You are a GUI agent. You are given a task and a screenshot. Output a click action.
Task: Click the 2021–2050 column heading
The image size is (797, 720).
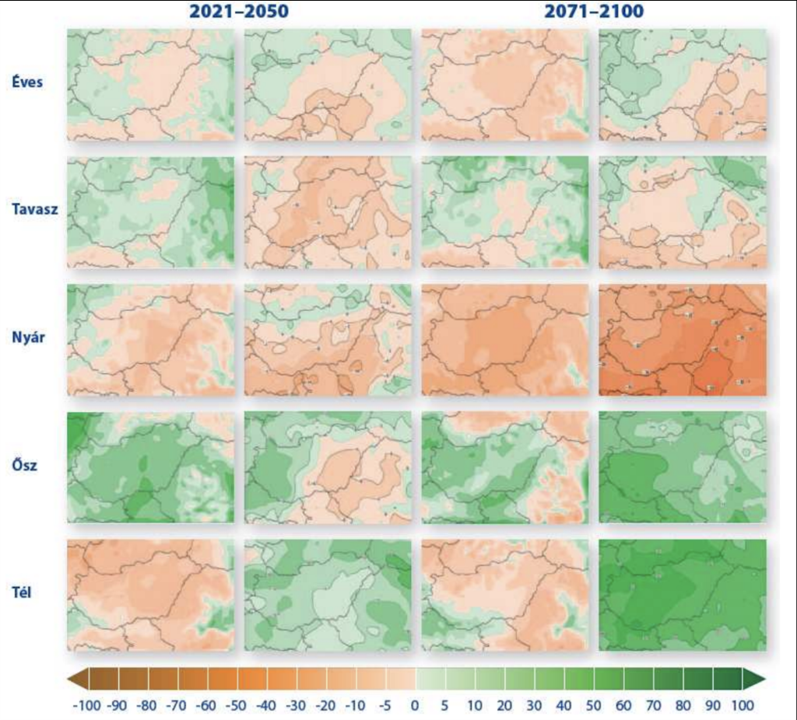coord(239,12)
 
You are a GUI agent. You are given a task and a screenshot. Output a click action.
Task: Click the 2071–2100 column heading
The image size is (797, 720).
coord(594,12)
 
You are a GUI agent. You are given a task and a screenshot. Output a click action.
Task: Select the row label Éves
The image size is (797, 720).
coord(27,82)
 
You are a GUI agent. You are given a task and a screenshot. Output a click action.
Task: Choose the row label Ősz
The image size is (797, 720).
coord(26,467)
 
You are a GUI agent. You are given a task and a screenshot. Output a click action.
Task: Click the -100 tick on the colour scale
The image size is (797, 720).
coord(86,705)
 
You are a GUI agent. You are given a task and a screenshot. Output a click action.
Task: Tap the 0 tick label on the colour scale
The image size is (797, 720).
coord(415,705)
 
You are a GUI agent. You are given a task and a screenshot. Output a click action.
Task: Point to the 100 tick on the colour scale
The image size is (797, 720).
coord(743,705)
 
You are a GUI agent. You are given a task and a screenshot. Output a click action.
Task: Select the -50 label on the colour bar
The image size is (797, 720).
coord(239,705)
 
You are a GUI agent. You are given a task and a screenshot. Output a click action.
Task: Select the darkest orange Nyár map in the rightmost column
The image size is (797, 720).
coord(683,339)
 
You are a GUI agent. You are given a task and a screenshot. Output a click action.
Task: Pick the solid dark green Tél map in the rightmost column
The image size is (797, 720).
coord(683,595)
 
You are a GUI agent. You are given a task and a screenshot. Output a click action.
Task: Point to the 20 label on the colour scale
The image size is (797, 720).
coord(504,705)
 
